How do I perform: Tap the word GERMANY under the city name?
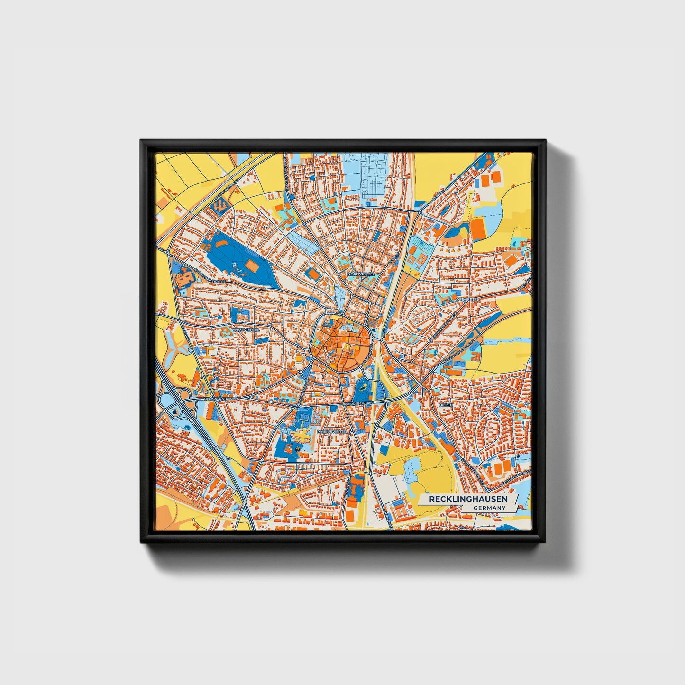click(x=489, y=508)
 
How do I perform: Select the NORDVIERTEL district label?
click(x=361, y=274)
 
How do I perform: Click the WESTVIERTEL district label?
click(x=246, y=329)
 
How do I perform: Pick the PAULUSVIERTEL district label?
click(x=332, y=432)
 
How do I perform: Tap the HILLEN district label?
click(x=446, y=405)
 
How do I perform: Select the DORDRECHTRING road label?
click(x=360, y=403)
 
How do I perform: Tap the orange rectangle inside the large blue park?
click(x=252, y=262)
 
